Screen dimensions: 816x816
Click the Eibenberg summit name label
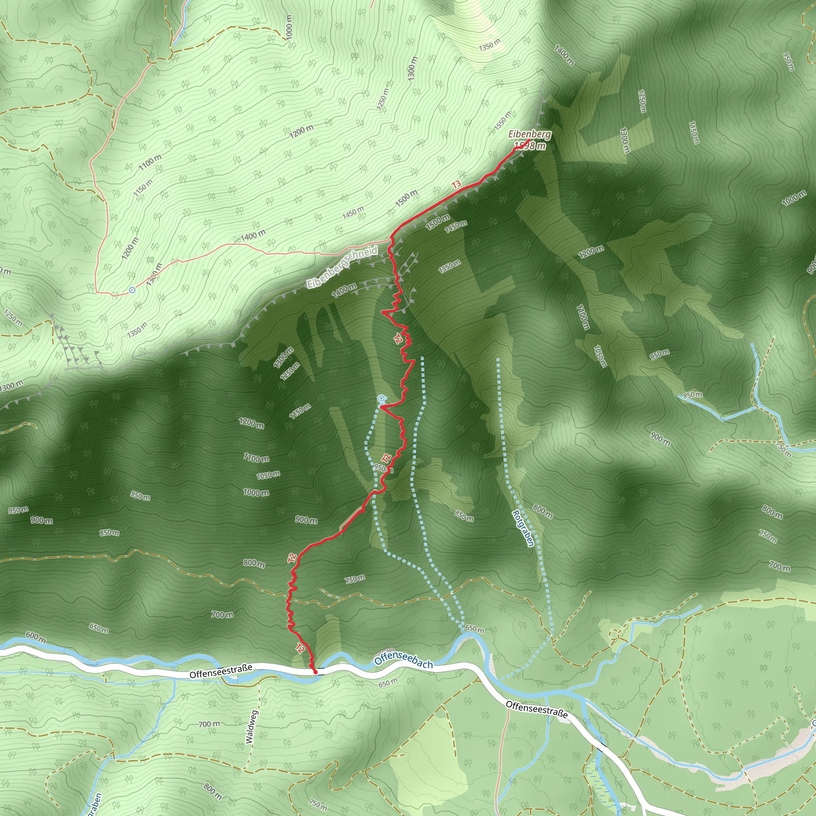(x=530, y=135)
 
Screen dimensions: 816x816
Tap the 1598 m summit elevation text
(x=530, y=146)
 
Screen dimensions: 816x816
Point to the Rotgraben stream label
(x=523, y=528)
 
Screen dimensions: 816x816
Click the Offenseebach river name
(x=403, y=661)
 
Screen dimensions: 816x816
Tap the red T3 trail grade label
(x=456, y=184)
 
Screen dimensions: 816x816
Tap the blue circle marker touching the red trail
(x=381, y=398)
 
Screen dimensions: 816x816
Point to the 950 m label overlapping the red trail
(x=383, y=468)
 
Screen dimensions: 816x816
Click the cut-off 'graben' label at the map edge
(x=96, y=804)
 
